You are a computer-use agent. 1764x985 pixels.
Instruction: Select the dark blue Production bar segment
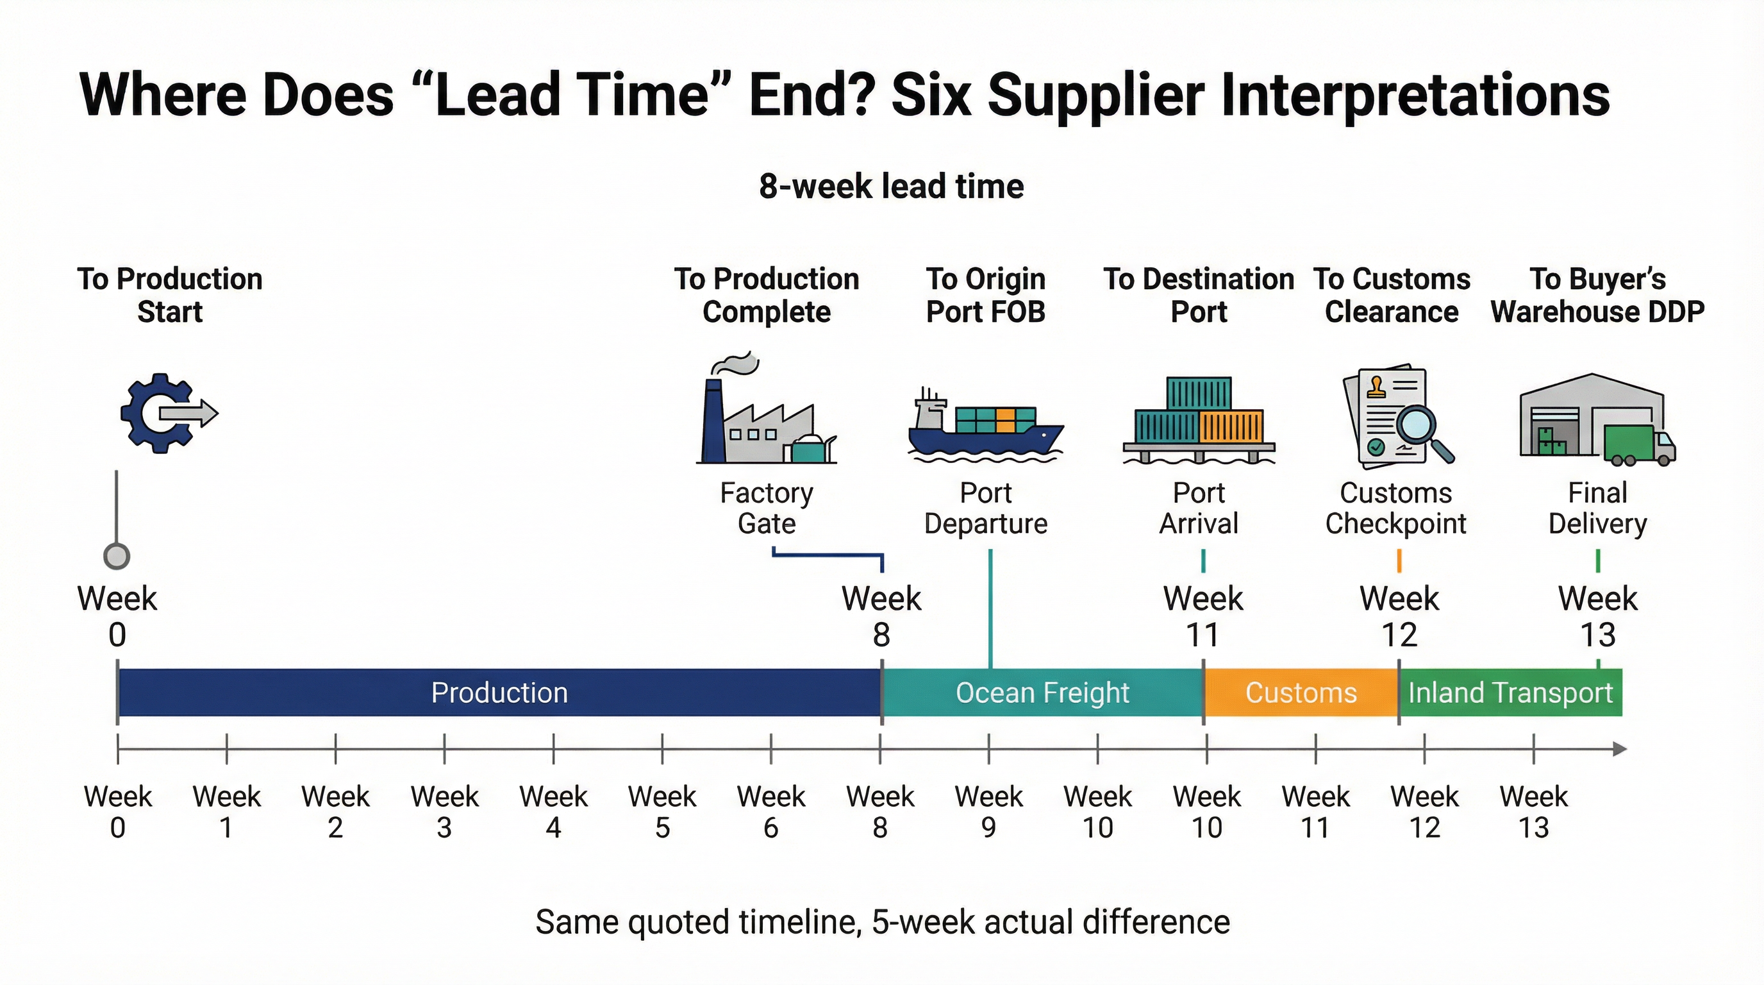point(499,693)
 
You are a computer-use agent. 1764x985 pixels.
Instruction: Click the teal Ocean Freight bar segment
point(1042,693)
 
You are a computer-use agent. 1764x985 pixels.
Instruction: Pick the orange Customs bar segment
point(1301,693)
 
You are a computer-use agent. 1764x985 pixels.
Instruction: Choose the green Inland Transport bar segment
point(1510,693)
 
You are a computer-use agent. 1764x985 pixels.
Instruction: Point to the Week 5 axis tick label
point(662,812)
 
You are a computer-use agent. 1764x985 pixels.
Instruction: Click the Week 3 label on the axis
point(444,812)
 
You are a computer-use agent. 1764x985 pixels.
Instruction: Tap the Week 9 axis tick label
point(989,812)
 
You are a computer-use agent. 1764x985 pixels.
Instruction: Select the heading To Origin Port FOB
point(985,295)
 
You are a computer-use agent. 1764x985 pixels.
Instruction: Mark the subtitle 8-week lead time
point(891,187)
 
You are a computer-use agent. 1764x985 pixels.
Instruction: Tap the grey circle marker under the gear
point(117,555)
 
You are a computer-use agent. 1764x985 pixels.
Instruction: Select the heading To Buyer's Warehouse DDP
point(1597,295)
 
